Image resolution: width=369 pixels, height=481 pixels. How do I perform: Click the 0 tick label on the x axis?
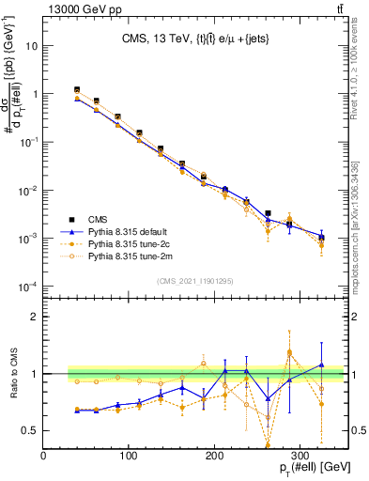[44, 454]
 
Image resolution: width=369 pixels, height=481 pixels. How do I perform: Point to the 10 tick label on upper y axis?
[32, 46]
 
